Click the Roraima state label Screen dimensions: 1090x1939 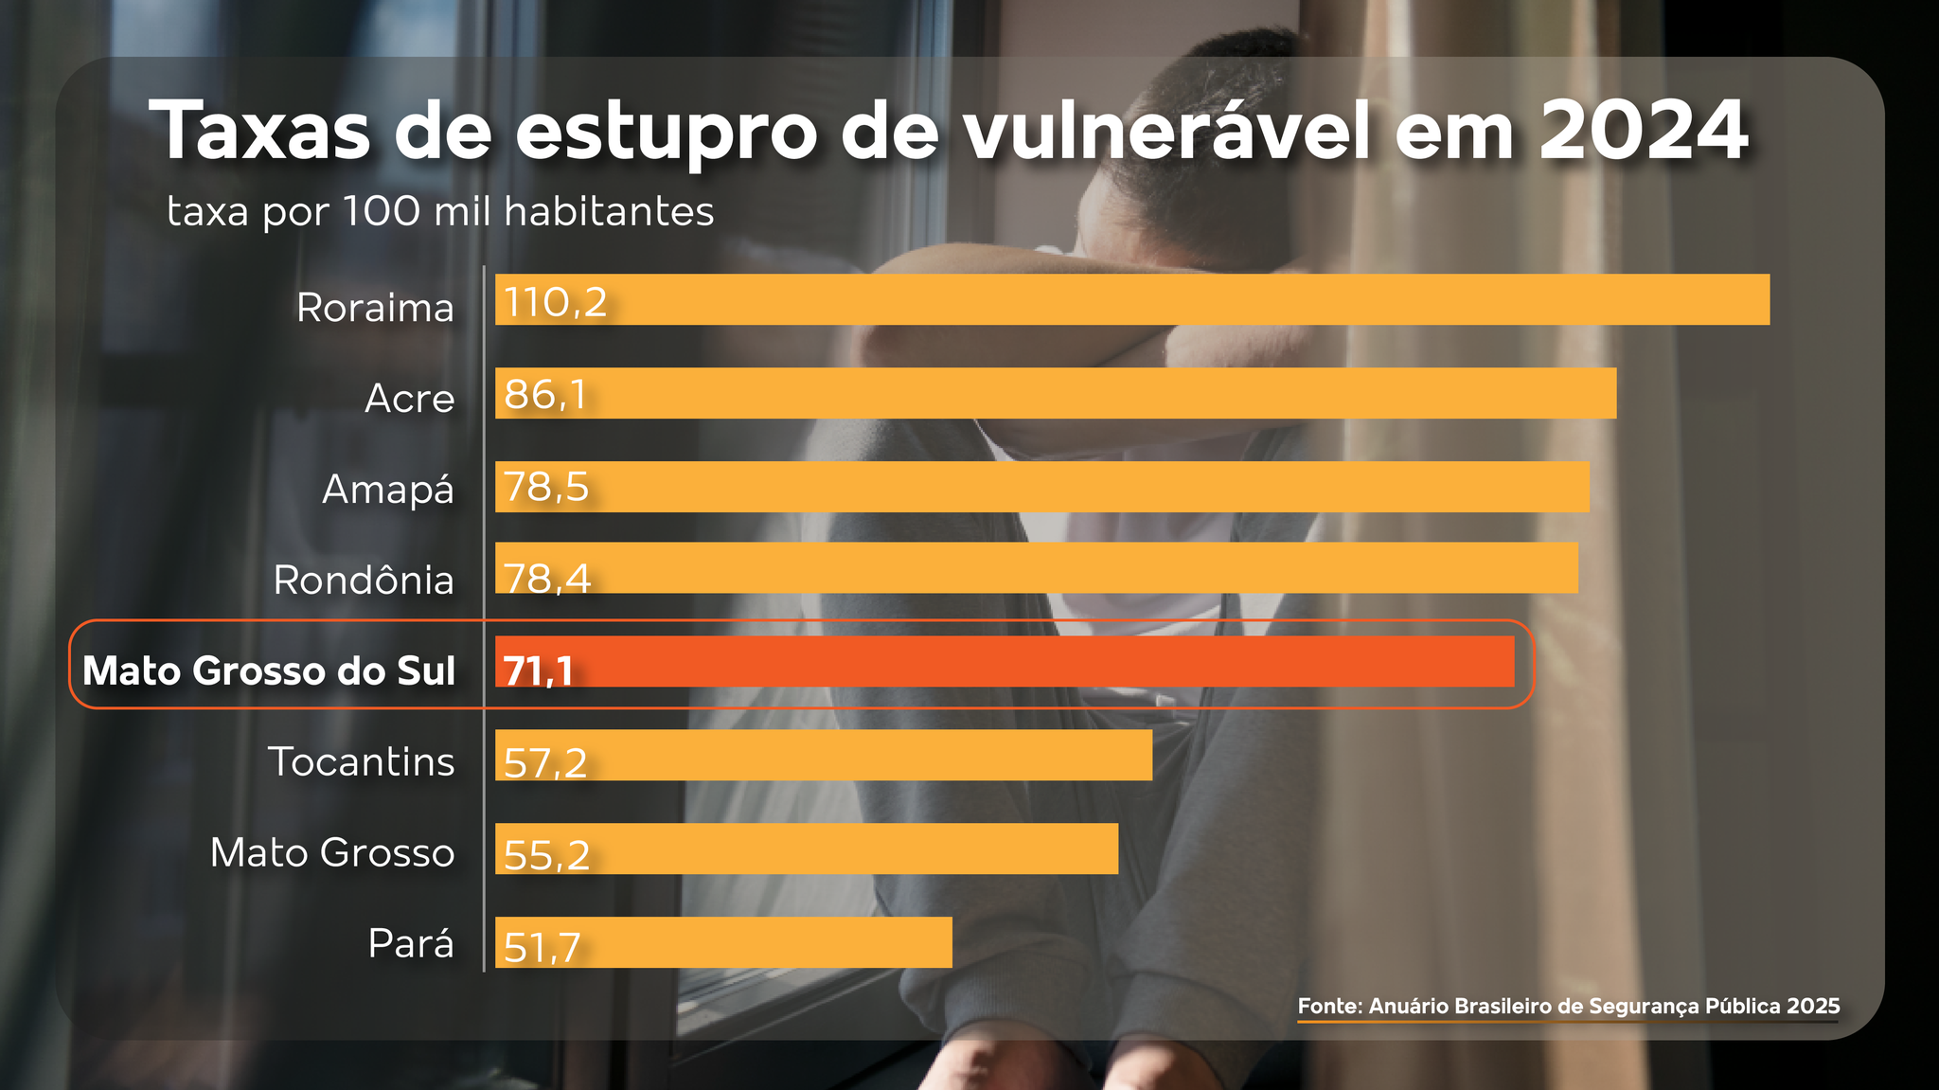tap(375, 308)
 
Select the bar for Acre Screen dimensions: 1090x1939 tap(1055, 393)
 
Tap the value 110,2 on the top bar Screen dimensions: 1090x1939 tap(555, 302)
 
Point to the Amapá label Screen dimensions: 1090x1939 tap(388, 490)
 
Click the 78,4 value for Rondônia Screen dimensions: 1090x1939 tap(547, 578)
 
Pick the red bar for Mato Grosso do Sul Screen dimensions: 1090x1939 tap(1004, 661)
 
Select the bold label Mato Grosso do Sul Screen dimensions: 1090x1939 tap(269, 670)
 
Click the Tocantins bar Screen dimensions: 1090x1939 tap(823, 755)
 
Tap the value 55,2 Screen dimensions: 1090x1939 tap(546, 855)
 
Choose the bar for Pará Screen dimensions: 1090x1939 tap(723, 942)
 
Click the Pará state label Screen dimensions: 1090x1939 tap(411, 944)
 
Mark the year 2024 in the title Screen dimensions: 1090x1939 tap(1643, 130)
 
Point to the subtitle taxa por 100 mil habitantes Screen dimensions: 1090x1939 tap(440, 211)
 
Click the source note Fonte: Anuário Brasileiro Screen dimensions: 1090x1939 tap(1568, 1006)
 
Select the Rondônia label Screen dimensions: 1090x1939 tap(364, 581)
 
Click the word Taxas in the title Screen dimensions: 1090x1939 tap(259, 130)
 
